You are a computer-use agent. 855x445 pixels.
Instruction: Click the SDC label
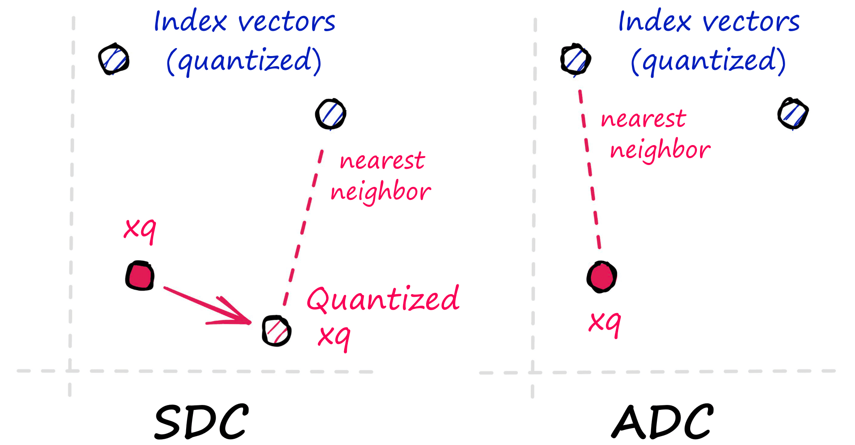[201, 421]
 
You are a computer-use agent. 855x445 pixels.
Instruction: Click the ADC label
[663, 421]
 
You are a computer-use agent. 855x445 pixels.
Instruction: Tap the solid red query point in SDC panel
[140, 276]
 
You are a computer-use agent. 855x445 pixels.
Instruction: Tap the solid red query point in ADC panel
[602, 277]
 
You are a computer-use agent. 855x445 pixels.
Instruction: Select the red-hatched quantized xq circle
[277, 331]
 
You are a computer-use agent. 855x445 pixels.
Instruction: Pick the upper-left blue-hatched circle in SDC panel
[114, 59]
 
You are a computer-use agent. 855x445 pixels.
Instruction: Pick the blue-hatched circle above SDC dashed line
[330, 114]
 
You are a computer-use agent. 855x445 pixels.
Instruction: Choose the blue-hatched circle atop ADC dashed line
[575, 59]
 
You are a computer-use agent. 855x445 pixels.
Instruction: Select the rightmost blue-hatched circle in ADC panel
[793, 114]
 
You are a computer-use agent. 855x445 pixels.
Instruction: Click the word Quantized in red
[383, 299]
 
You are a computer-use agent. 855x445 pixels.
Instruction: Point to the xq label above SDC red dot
[140, 229]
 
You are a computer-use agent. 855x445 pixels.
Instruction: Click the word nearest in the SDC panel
[382, 161]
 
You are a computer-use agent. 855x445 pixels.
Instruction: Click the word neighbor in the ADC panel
[660, 150]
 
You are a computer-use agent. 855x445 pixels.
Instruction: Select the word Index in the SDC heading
[190, 22]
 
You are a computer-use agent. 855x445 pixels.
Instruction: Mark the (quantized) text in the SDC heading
[244, 61]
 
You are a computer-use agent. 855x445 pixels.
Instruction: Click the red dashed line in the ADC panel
[590, 169]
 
